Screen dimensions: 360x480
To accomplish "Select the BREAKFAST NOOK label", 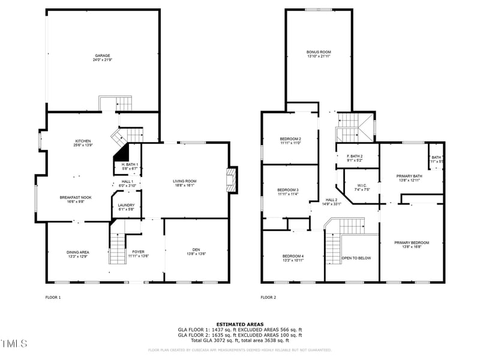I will [x=75, y=197].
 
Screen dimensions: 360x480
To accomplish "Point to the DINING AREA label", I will [x=77, y=251].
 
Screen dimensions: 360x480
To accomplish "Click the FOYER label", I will [x=138, y=251].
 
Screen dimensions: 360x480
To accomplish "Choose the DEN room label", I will [x=196, y=250].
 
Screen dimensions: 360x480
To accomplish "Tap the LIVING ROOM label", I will [x=184, y=181].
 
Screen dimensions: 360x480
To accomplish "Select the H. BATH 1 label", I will [x=130, y=164].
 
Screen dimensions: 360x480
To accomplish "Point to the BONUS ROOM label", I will [x=319, y=52].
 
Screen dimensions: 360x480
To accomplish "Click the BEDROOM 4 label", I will [x=293, y=256].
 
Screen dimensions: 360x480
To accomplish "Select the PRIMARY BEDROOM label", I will [x=411, y=242].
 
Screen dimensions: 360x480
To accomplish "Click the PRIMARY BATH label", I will [x=409, y=176].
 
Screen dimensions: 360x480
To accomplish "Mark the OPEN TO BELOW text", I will [x=356, y=258].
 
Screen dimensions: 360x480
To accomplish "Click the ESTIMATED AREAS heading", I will [x=240, y=324].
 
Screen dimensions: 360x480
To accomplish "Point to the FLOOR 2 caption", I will [x=268, y=297].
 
